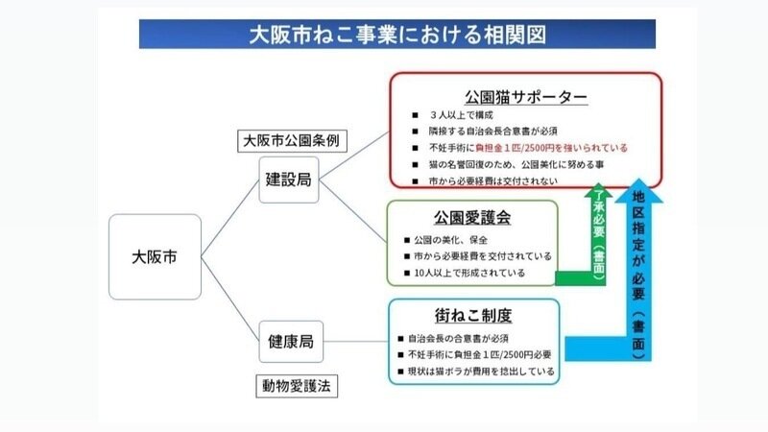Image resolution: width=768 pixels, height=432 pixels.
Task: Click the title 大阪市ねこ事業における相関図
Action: tap(397, 36)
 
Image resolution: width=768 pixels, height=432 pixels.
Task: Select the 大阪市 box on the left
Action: tap(154, 256)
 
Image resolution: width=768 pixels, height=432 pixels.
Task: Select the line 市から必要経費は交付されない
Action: tap(489, 180)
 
